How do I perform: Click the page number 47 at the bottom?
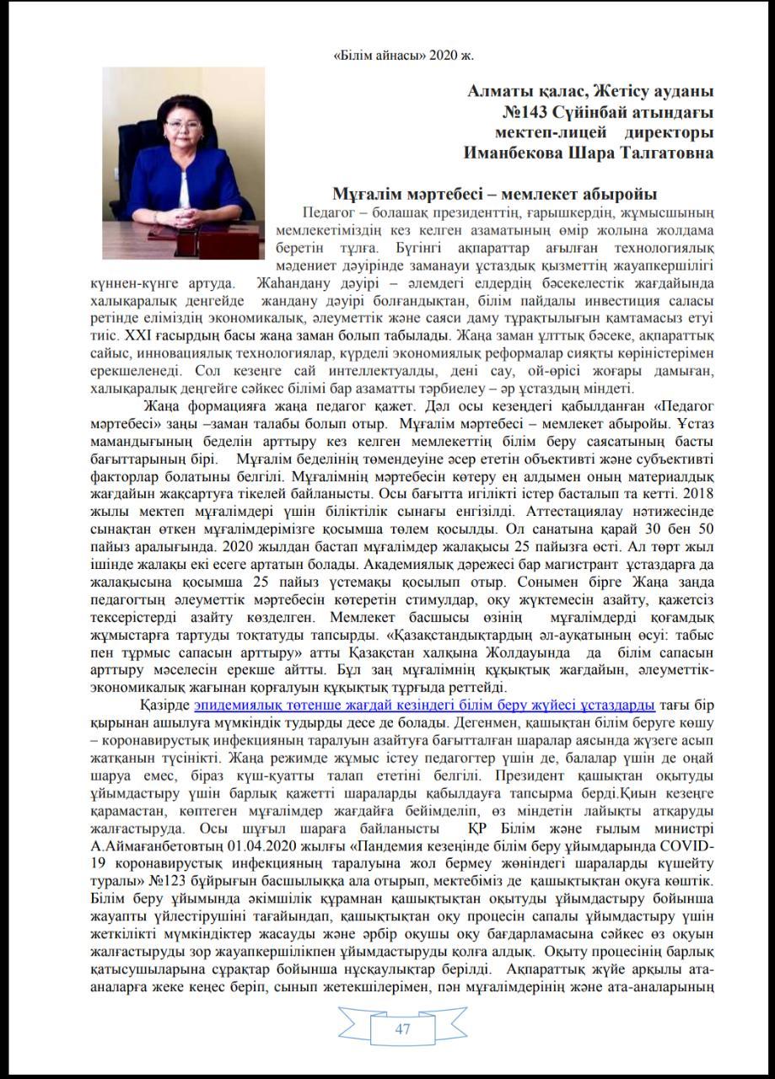pos(402,1028)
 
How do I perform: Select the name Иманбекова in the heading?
pos(519,153)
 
